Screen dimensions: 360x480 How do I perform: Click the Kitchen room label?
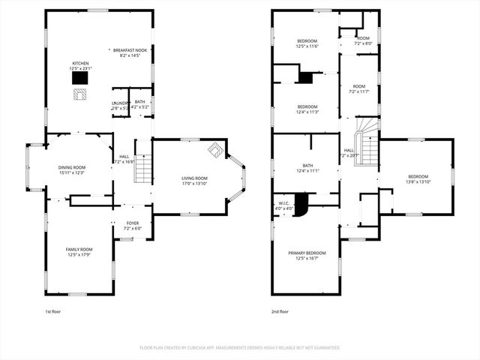(x=79, y=66)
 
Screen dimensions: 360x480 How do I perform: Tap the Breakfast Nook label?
(x=130, y=52)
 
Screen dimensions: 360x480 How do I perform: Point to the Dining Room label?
(x=72, y=170)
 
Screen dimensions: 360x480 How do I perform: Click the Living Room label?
(x=194, y=181)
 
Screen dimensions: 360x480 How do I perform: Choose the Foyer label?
(x=132, y=225)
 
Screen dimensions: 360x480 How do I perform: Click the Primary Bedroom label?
(x=307, y=256)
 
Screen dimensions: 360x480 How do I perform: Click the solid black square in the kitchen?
(x=79, y=77)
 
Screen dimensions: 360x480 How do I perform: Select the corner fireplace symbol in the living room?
(x=215, y=149)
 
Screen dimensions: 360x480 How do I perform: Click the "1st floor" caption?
(x=53, y=310)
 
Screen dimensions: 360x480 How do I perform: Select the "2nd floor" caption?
(x=280, y=310)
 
